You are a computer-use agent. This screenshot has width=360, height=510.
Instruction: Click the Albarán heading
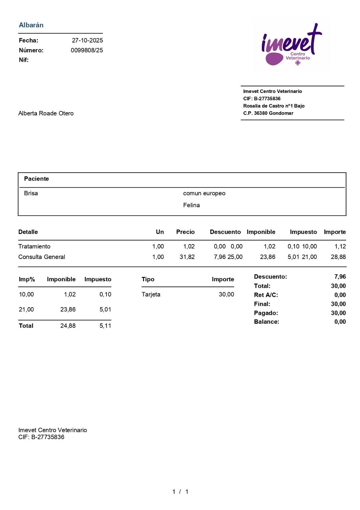tap(31, 25)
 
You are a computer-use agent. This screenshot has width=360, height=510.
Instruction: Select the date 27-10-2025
tap(87, 41)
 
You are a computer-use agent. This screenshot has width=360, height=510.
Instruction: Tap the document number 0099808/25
tap(87, 50)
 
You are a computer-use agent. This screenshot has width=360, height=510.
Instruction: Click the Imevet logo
tap(292, 45)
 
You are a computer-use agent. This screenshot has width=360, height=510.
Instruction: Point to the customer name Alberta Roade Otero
tap(46, 114)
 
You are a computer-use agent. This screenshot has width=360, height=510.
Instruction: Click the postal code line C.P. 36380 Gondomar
tap(268, 113)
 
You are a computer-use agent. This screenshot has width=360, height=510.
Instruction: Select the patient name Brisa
tap(31, 193)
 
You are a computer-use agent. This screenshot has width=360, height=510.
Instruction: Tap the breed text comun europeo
tap(204, 193)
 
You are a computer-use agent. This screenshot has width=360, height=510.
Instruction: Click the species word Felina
tap(191, 205)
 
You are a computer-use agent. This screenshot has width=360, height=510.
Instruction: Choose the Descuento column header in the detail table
tap(225, 232)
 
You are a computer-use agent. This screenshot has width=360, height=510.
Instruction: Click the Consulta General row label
tap(41, 257)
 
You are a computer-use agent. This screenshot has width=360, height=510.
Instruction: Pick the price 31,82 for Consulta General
tap(187, 257)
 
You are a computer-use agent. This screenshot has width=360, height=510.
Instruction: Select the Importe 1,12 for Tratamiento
tap(340, 246)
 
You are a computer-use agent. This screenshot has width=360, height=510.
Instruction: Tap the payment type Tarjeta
tap(151, 295)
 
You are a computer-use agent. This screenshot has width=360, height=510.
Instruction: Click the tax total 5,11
tap(105, 326)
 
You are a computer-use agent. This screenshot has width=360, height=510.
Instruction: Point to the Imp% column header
tap(27, 280)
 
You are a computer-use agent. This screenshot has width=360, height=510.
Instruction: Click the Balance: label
tap(266, 322)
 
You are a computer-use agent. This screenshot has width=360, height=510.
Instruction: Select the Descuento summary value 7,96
tap(340, 277)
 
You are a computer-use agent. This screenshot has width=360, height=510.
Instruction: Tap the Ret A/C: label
tap(266, 295)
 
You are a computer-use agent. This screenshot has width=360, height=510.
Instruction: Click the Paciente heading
tap(36, 179)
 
